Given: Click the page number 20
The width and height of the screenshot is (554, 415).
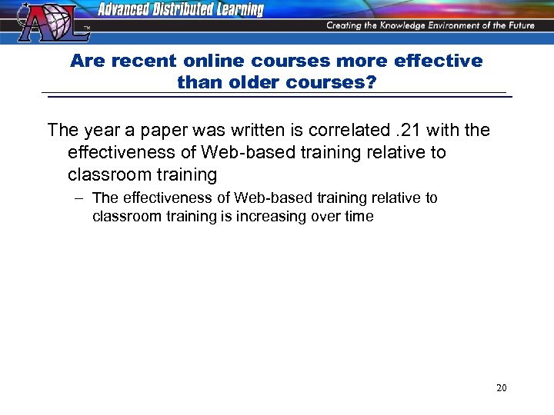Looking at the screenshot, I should click(x=501, y=388).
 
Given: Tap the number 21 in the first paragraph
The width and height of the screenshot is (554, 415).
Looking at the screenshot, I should click(x=403, y=131).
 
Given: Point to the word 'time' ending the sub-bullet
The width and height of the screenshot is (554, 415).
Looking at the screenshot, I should click(x=358, y=217).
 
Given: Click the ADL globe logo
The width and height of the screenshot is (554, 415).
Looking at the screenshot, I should click(x=45, y=22).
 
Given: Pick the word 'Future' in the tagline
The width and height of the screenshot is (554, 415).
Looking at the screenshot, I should click(x=518, y=25).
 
